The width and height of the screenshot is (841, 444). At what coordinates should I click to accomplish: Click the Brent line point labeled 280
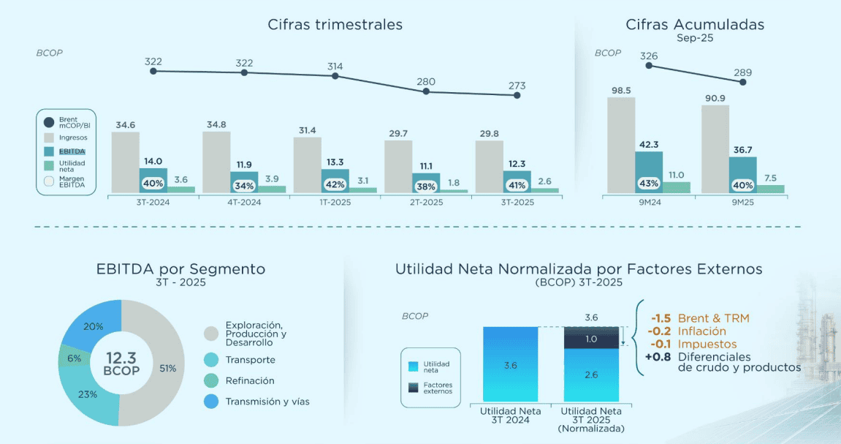point(426,91)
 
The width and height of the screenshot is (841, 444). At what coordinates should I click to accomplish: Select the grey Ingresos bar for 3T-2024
point(125,162)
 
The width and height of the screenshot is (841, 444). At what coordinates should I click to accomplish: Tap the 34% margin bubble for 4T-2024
point(244,186)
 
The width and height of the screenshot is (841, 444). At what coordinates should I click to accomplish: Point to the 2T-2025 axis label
point(426,201)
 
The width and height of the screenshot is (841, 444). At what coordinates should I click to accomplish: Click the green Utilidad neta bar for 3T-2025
point(544,190)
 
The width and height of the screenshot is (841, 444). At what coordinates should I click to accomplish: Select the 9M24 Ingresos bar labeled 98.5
point(621,145)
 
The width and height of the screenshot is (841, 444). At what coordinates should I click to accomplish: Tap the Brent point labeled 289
point(743,82)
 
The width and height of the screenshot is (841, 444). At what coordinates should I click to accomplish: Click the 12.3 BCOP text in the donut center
point(121,363)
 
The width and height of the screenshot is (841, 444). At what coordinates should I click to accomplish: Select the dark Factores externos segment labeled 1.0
point(592,339)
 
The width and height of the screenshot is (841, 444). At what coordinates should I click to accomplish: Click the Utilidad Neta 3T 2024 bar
point(510,364)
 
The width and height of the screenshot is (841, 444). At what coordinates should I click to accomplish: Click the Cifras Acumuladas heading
point(694,24)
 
